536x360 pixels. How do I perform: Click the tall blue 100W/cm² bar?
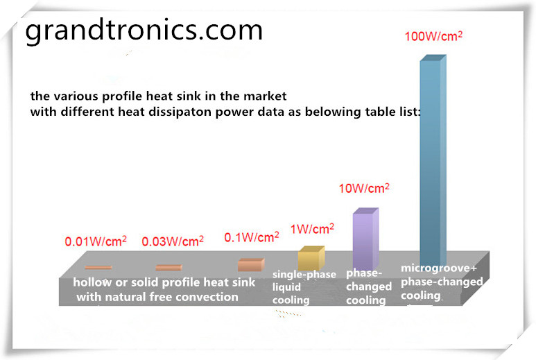(433, 160)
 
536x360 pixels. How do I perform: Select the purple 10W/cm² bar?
(365, 239)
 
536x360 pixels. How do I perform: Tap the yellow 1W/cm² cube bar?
(311, 258)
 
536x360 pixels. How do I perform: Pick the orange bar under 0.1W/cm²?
(251, 265)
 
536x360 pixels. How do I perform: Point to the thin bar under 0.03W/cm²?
(169, 267)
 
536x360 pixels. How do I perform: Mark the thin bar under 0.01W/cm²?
(98, 267)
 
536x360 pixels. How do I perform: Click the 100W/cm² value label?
(433, 36)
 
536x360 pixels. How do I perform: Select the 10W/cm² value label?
(364, 188)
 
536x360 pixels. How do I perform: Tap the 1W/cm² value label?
(312, 229)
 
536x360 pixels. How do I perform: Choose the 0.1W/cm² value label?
(252, 237)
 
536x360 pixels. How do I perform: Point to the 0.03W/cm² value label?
(173, 241)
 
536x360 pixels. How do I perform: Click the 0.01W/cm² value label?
(96, 241)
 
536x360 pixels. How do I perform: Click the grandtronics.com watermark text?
(144, 30)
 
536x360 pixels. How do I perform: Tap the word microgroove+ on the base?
(439, 268)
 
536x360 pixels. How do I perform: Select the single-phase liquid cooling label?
(304, 287)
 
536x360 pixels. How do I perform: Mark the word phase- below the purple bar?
(364, 273)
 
